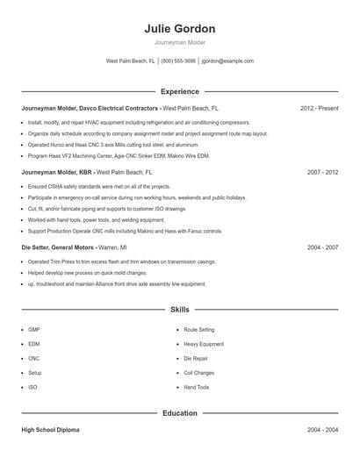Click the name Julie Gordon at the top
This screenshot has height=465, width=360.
[180, 29]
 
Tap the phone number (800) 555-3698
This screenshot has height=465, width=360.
[178, 61]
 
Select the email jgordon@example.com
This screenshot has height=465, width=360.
[227, 61]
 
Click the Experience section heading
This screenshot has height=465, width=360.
[180, 91]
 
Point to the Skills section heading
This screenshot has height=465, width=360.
[180, 310]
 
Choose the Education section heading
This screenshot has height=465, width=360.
[180, 412]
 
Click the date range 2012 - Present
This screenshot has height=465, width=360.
[319, 108]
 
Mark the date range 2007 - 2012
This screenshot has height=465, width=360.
[322, 173]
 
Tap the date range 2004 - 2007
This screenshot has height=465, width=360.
[322, 248]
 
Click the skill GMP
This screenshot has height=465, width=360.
[34, 330]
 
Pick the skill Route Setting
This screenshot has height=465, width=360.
[198, 330]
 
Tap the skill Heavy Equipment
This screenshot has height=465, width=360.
[204, 344]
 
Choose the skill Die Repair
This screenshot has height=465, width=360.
[196, 358]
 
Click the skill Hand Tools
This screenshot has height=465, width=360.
[197, 387]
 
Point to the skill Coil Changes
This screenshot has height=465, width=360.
[199, 373]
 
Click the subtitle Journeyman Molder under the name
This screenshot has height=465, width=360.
[180, 43]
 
